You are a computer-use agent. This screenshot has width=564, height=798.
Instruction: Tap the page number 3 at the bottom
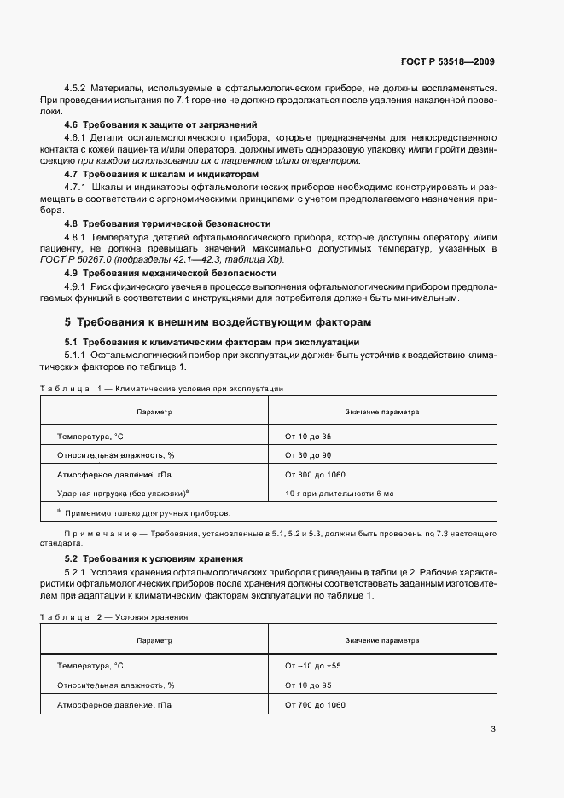[493, 729]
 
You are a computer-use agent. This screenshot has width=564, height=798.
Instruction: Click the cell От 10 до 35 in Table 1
[308, 436]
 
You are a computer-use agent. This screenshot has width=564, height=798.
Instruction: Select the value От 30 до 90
[308, 455]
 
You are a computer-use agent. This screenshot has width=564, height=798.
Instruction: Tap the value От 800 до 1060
[315, 475]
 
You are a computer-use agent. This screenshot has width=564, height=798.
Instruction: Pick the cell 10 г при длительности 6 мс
[340, 494]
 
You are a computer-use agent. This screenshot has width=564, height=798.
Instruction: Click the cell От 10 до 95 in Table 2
[308, 685]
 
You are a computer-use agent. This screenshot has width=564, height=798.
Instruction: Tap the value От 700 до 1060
[315, 705]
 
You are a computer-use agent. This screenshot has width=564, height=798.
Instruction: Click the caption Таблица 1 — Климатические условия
[161, 388]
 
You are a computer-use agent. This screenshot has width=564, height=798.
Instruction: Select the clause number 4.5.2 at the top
[77, 88]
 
